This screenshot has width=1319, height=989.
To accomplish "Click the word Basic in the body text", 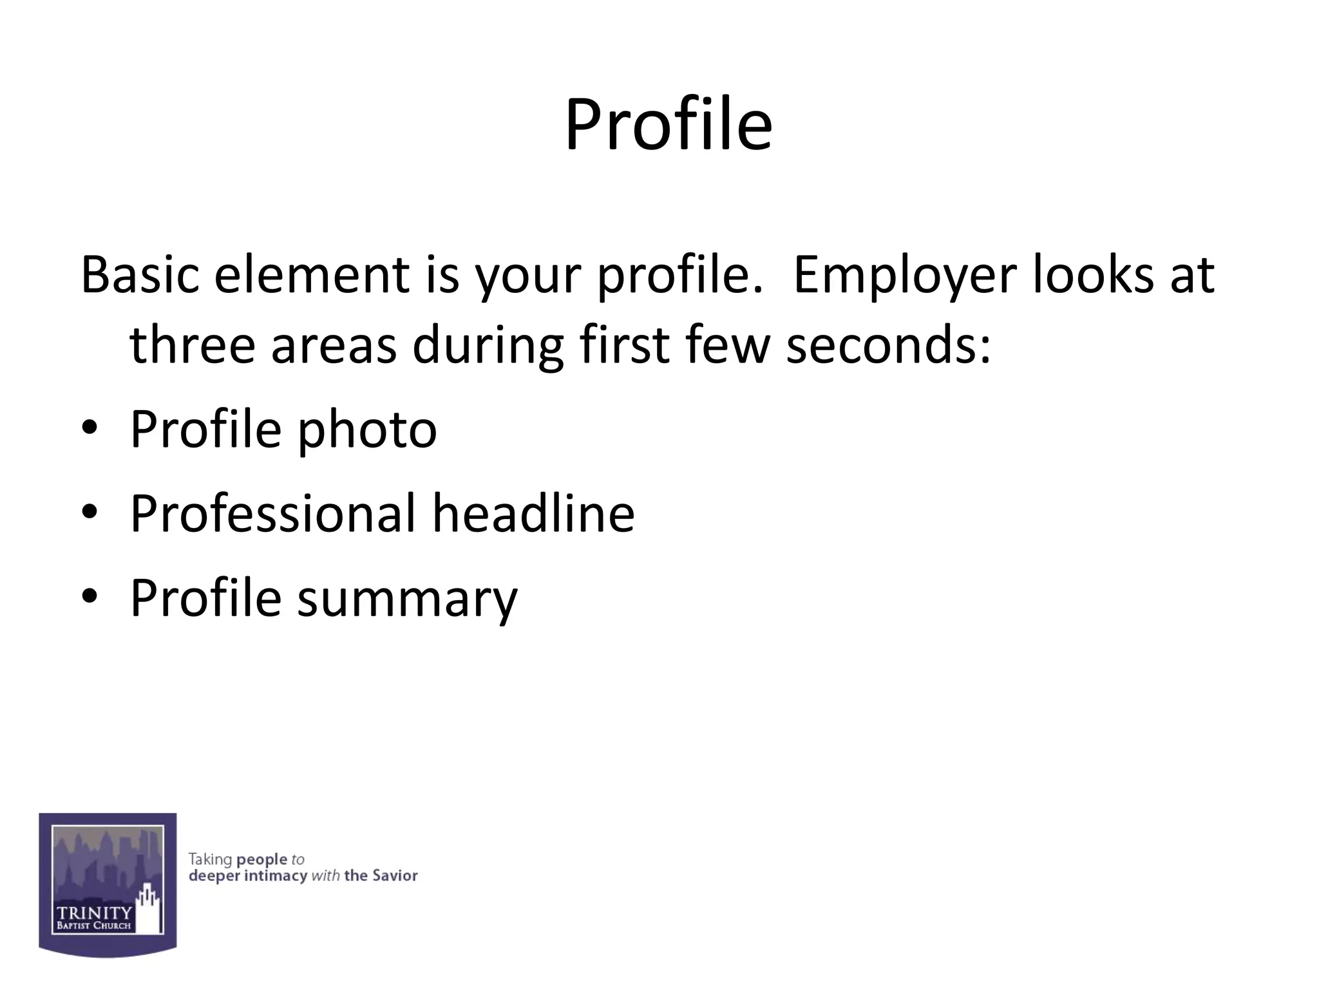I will click(x=139, y=275).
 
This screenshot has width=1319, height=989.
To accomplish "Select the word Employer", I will click(x=904, y=275).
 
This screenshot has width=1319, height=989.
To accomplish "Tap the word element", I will click(x=312, y=275).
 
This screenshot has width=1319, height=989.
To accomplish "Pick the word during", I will click(x=488, y=345).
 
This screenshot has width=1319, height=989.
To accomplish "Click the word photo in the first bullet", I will click(x=366, y=429).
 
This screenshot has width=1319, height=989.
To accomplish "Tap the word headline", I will click(x=533, y=513).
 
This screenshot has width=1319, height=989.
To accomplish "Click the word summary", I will click(x=407, y=598).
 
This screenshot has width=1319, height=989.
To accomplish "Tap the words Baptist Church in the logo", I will click(x=94, y=927).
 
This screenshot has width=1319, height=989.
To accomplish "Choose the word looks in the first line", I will click(x=1093, y=275).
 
